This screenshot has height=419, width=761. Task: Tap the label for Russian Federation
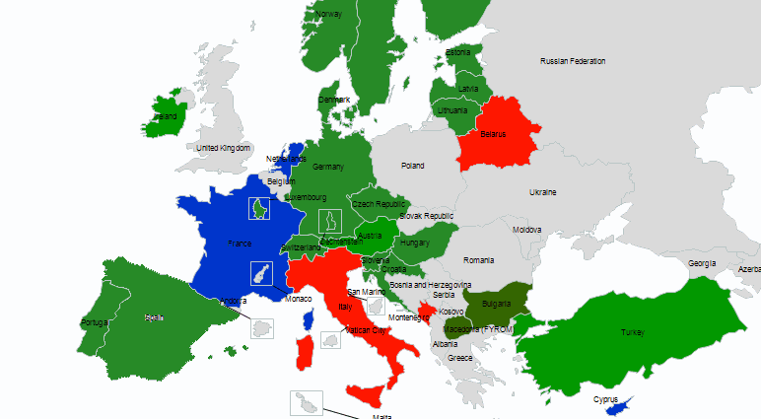pyautogui.click(x=573, y=61)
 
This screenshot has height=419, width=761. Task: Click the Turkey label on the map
pyautogui.click(x=632, y=333)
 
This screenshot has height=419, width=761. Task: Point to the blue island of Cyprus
pyautogui.click(x=618, y=407)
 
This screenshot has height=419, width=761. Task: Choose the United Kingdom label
pyautogui.click(x=224, y=148)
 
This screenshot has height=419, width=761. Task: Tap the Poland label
pyautogui.click(x=412, y=166)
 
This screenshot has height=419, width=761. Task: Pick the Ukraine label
pyautogui.click(x=543, y=191)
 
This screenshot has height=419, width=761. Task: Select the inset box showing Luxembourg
pyautogui.click(x=259, y=208)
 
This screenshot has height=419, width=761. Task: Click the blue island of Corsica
pyautogui.click(x=309, y=318)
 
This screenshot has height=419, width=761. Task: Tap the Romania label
pyautogui.click(x=479, y=259)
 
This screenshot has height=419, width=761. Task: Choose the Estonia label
pyautogui.click(x=458, y=52)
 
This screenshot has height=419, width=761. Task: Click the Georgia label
pyautogui.click(x=702, y=263)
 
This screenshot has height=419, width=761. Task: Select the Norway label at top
pyautogui.click(x=329, y=14)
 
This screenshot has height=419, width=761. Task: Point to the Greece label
pyautogui.click(x=460, y=358)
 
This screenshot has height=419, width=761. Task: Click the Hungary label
pyautogui.click(x=415, y=243)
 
